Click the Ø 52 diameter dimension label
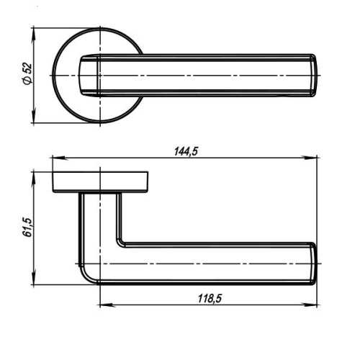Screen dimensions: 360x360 click(27, 73)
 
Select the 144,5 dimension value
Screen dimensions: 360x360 click(186, 151)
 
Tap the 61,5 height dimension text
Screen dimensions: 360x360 click(27, 228)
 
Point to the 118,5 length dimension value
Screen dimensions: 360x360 click(210, 299)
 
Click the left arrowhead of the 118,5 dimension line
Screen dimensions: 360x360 click(107, 305)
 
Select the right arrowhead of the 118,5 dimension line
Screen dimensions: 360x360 click(310, 305)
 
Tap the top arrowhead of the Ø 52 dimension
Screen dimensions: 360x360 click(33, 35)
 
